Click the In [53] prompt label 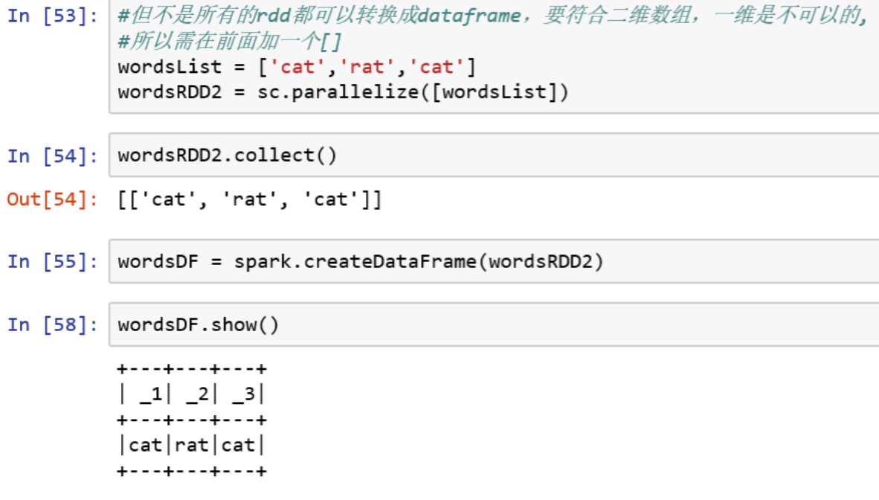[x=52, y=16]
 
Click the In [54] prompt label [x=52, y=156]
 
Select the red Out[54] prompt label [x=52, y=200]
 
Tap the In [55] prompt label [x=52, y=262]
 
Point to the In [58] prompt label [x=52, y=325]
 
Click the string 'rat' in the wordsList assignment [x=369, y=68]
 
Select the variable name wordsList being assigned [x=170, y=68]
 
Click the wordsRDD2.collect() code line [x=227, y=156]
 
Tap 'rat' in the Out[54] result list [x=250, y=200]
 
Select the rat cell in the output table [x=192, y=446]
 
